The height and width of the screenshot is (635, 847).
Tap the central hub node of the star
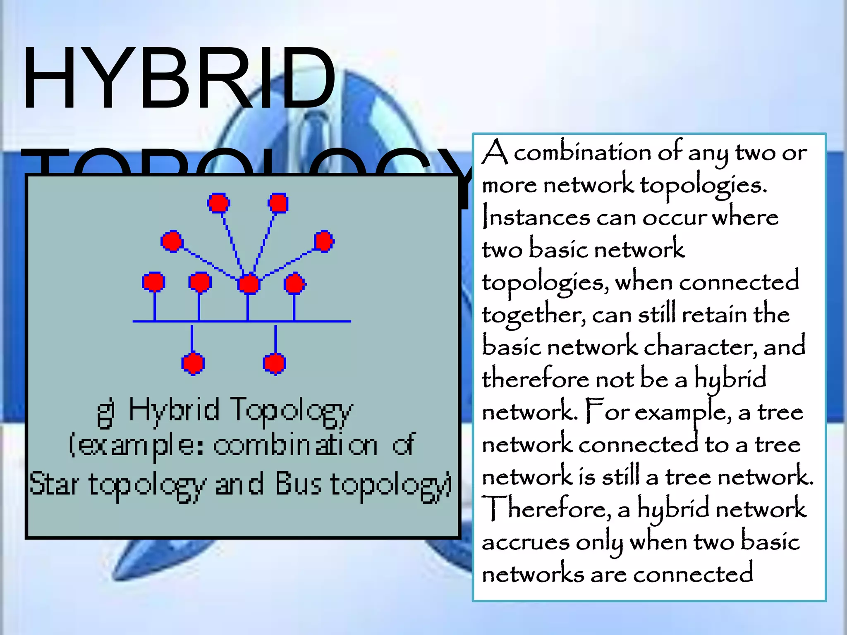[249, 284]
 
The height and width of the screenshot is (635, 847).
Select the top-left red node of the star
[218, 203]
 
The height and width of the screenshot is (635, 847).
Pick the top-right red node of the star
[278, 203]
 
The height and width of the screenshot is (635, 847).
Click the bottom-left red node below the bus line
[193, 363]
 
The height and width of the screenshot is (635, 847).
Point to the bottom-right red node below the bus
[275, 363]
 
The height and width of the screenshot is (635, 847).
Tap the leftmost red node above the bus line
[153, 282]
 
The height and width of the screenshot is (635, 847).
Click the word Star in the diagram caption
[54, 484]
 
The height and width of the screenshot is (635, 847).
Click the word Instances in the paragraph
[536, 217]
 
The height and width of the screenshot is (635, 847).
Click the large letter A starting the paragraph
[495, 152]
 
